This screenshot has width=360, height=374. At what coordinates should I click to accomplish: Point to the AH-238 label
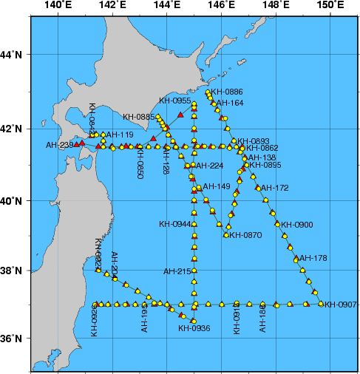point(60,145)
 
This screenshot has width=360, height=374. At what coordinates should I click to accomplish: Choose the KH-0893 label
point(254,140)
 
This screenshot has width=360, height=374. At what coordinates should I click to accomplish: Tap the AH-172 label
point(275,188)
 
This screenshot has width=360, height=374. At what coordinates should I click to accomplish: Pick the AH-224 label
point(209,166)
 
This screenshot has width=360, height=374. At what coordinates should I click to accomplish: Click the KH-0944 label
point(175,223)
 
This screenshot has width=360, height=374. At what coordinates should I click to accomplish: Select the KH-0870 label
point(246,235)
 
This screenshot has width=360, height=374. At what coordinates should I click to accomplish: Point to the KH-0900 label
point(298,225)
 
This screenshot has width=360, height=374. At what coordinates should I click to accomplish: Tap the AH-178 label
point(313,258)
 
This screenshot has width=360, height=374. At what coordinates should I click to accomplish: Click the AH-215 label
point(177,271)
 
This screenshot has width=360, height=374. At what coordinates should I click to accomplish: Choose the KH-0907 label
point(341,304)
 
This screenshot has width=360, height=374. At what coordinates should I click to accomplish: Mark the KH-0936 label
point(194,328)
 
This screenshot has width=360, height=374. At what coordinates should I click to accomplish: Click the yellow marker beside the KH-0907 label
point(321,303)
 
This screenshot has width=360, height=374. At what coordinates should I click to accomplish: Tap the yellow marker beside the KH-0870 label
point(226,235)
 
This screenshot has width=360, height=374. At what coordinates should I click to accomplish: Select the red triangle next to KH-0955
point(180,113)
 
